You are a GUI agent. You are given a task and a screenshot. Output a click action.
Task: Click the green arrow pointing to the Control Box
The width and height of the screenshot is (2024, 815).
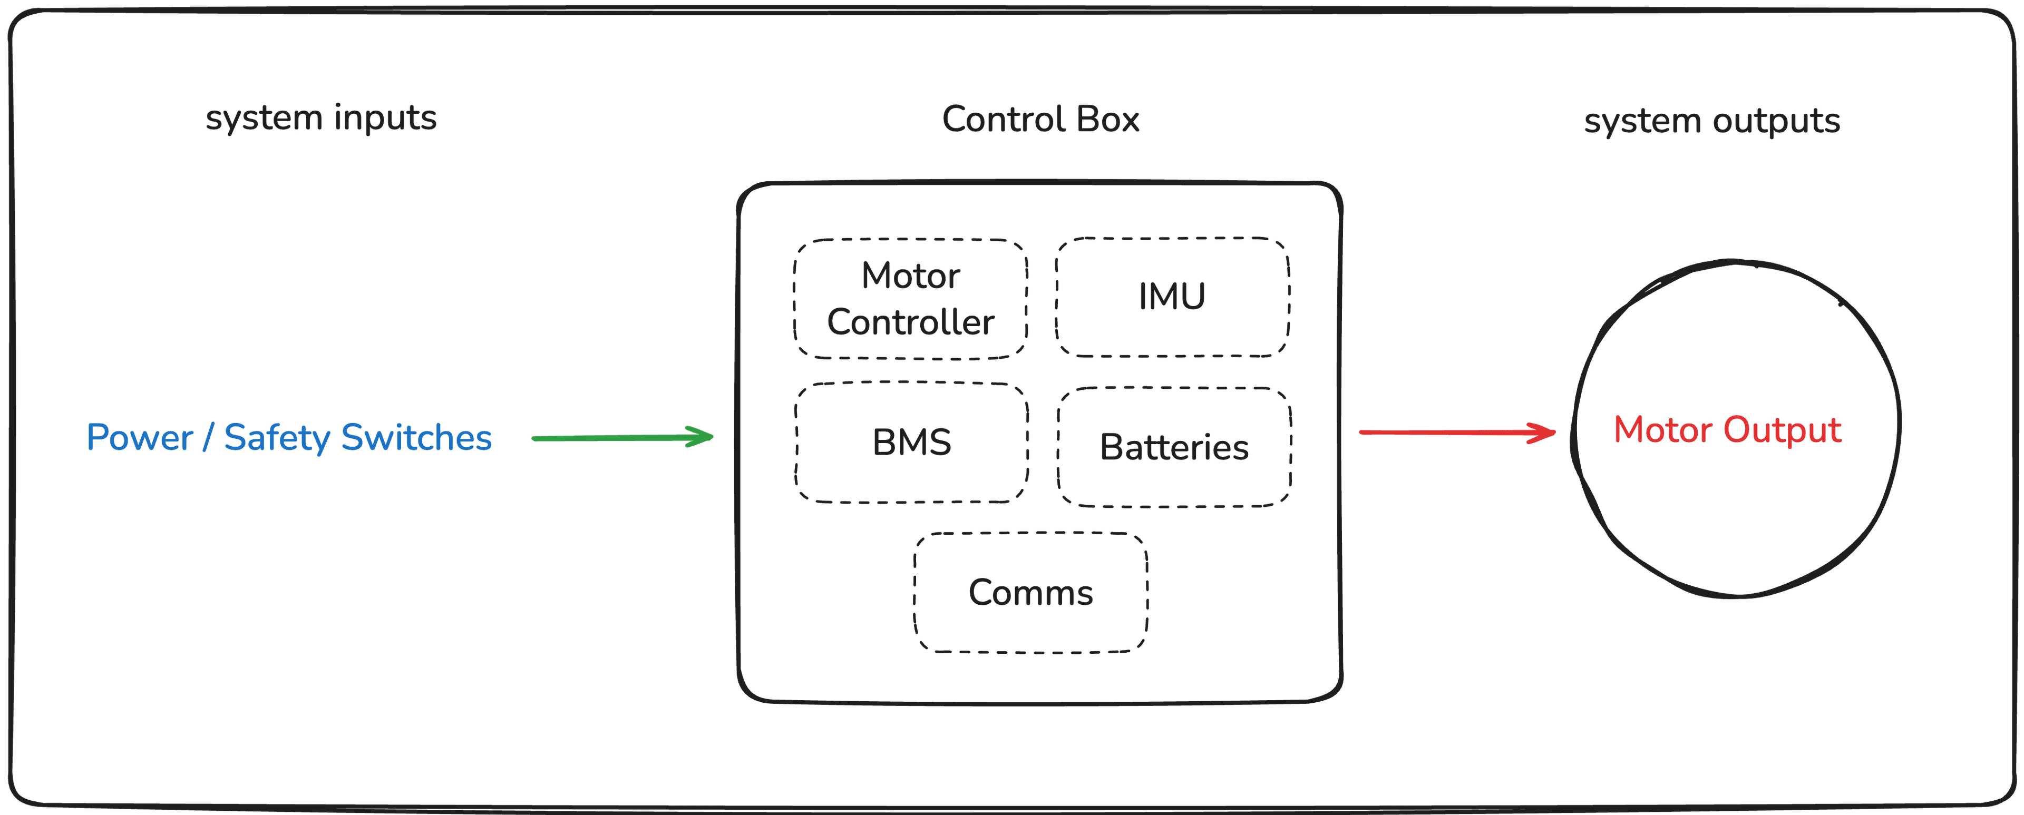pyautogui.click(x=621, y=437)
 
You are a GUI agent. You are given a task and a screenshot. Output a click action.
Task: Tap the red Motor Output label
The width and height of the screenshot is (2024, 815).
pyautogui.click(x=1727, y=430)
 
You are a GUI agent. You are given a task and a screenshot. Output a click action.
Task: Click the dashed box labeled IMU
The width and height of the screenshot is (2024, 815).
pyautogui.click(x=1172, y=297)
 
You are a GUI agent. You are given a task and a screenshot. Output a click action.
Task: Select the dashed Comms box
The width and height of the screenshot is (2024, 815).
pyautogui.click(x=1030, y=593)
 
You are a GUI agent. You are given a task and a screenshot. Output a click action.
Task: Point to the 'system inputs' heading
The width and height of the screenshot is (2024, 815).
pyautogui.click(x=320, y=119)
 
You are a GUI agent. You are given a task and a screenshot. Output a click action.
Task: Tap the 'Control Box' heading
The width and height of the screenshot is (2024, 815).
pyautogui.click(x=1040, y=120)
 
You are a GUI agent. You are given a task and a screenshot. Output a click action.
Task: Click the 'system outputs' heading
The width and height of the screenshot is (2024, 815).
pyautogui.click(x=1711, y=122)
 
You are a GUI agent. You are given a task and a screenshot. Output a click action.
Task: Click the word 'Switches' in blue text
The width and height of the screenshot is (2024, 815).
pyautogui.click(x=416, y=438)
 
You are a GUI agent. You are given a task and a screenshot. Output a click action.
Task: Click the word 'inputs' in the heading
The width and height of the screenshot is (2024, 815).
pyautogui.click(x=384, y=119)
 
